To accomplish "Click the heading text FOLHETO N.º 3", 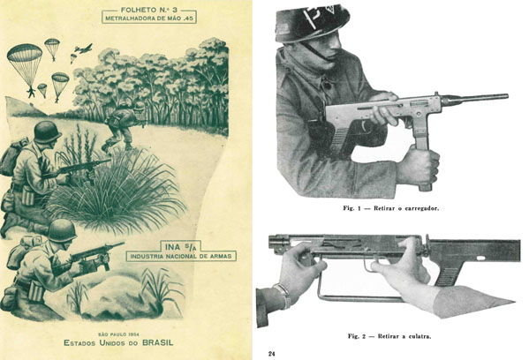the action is click(x=148, y=10).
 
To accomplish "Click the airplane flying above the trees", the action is click(x=83, y=49).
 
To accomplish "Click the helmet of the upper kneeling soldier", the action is click(x=47, y=131).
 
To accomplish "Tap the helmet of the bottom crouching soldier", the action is click(x=62, y=230).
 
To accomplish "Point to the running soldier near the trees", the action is click(x=125, y=126).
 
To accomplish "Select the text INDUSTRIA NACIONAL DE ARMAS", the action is click(x=181, y=256).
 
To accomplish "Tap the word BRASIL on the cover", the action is click(x=158, y=343).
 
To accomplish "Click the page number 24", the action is click(x=272, y=354).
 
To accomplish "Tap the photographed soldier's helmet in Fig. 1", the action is click(x=312, y=22).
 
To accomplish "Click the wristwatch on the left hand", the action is click(x=283, y=295).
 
